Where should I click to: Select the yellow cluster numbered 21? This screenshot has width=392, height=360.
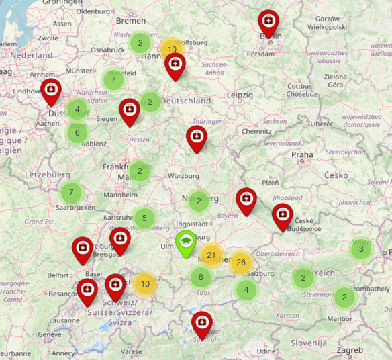[x=211, y=255]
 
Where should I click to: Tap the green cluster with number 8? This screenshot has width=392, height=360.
[x=200, y=277]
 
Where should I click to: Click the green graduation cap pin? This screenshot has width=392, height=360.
[x=186, y=243]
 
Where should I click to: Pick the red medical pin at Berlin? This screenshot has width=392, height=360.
[x=268, y=23]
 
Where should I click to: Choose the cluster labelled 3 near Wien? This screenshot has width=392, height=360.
[x=361, y=250]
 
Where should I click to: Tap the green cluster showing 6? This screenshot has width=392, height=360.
[x=77, y=132]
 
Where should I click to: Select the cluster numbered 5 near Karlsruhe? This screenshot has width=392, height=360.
[x=144, y=218]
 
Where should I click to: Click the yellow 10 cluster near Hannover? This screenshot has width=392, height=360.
[x=172, y=49]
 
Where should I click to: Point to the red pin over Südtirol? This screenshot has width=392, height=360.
[x=201, y=324]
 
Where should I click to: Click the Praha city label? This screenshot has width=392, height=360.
[x=302, y=154]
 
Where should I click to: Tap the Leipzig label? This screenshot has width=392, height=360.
[x=239, y=95]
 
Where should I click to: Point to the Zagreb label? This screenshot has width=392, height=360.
[x=350, y=350]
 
